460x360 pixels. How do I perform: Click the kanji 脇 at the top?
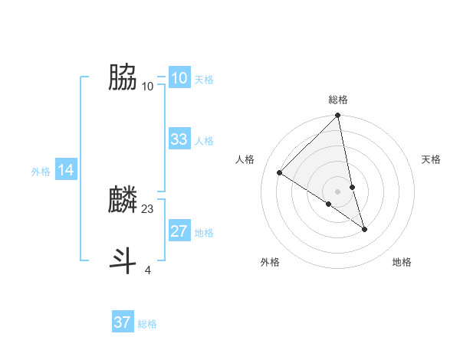point(123,77)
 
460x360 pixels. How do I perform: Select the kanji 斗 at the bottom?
point(123,260)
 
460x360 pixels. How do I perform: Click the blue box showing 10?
point(179,78)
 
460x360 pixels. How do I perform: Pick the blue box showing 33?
point(179,139)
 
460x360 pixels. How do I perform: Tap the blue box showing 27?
point(179,231)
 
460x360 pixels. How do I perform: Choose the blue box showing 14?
point(66,171)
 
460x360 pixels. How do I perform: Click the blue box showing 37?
point(122,322)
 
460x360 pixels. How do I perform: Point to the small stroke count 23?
point(148,208)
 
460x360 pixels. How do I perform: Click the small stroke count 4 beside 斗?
point(148,270)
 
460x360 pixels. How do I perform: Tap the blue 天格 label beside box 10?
point(204,80)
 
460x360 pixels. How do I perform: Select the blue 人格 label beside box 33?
point(204,141)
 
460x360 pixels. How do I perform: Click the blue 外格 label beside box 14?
point(41,172)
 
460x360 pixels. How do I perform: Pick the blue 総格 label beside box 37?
point(147,324)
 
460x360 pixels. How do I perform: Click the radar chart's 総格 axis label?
point(338,100)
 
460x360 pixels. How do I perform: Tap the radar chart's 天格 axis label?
point(432,159)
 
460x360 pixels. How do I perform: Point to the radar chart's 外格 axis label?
point(270,262)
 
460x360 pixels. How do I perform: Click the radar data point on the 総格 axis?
point(338,116)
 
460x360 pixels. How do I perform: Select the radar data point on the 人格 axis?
point(280,173)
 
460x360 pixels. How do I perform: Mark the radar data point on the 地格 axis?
point(364,229)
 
